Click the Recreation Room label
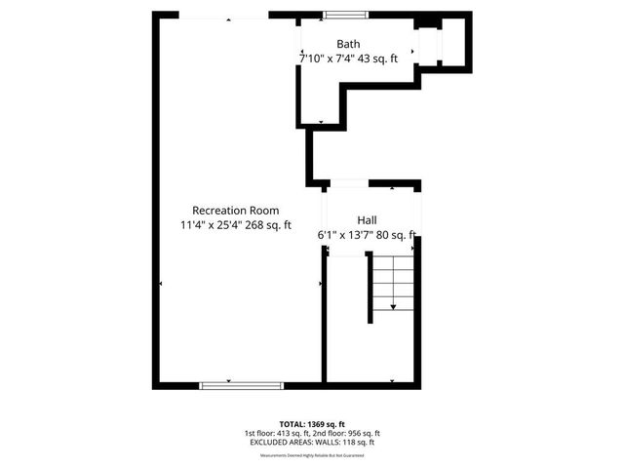[x=236, y=211]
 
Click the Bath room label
[x=349, y=44]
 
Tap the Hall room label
[x=367, y=220]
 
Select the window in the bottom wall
[x=228, y=385]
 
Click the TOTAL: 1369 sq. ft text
[x=312, y=424]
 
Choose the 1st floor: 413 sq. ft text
[x=277, y=433]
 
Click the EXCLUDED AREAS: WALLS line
[x=312, y=443]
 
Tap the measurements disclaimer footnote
[x=312, y=454]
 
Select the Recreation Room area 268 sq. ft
[x=267, y=226]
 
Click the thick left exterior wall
[x=156, y=195]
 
